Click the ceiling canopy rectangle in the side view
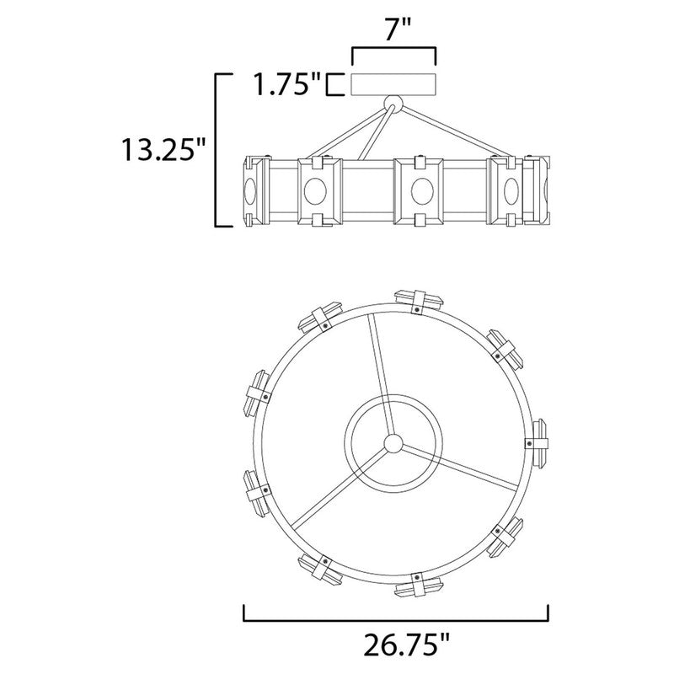click(x=393, y=85)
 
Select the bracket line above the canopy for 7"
click(x=393, y=51)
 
